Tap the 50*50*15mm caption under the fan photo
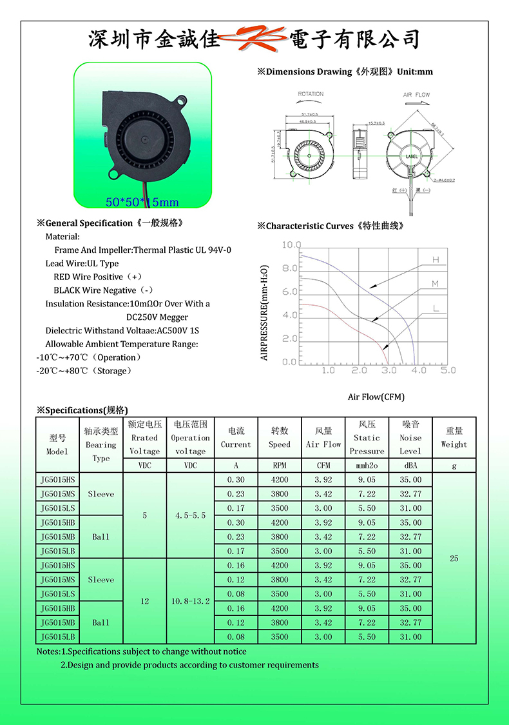[x=142, y=203]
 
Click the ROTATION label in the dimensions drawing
[x=311, y=94]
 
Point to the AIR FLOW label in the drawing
[x=416, y=95]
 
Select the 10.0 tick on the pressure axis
[x=291, y=245]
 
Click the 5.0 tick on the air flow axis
[x=448, y=370]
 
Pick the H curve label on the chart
[x=436, y=259]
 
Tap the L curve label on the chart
[x=436, y=309]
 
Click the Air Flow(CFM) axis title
[x=376, y=397]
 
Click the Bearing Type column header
[x=101, y=444]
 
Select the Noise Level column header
[x=410, y=438]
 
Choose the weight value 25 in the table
[x=454, y=558]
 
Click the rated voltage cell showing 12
[x=144, y=601]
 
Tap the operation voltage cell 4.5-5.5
[x=190, y=515]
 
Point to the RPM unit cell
[x=279, y=465]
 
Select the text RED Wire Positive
[x=88, y=277]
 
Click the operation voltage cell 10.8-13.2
[x=190, y=601]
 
